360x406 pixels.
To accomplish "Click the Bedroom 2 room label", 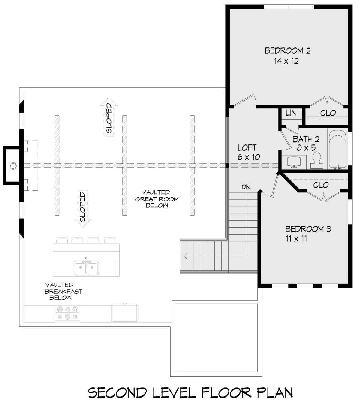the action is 287,51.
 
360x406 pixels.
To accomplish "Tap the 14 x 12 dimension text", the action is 286,61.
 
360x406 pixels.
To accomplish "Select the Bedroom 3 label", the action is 308,229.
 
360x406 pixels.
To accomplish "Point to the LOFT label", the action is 247,148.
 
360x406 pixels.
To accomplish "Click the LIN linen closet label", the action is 291,113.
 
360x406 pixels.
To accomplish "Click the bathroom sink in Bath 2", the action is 294,162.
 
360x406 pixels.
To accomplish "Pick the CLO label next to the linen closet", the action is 328,113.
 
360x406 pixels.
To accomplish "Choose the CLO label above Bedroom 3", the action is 321,185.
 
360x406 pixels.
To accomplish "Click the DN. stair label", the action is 246,187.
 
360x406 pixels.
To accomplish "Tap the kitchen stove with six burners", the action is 68,314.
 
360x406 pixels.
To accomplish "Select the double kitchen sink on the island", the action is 86,268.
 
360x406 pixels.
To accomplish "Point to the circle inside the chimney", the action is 13,166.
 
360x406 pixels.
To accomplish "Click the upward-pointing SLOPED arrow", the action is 109,117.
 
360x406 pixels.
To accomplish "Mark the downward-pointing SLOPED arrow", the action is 83,209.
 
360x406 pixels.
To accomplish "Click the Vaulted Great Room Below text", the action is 157,199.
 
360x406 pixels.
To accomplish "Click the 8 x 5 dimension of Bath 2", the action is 306,148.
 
